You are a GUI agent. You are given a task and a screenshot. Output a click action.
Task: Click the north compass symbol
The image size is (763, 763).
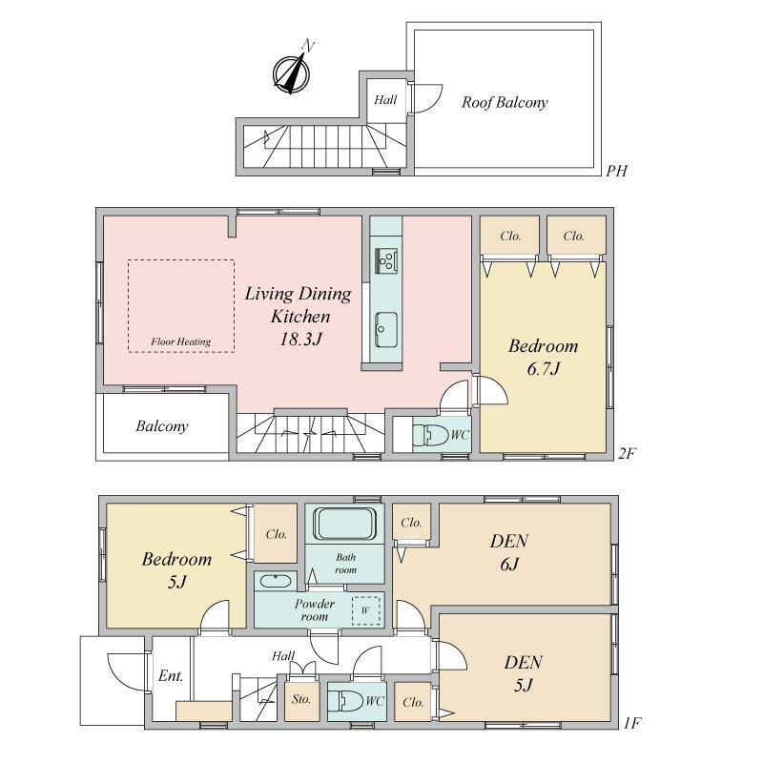point(292,72)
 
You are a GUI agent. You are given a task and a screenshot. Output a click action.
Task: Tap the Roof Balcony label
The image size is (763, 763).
point(505,102)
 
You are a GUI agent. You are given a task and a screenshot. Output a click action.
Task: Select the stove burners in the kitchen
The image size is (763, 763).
point(386,260)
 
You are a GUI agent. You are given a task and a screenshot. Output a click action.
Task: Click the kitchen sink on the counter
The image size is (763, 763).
point(386,329)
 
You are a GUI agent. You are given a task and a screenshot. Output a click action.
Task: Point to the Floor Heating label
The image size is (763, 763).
point(181,341)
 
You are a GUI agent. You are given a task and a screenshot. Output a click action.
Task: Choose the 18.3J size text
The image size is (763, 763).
point(301,339)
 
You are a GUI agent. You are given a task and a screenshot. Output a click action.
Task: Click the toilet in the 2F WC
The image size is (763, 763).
point(430,435)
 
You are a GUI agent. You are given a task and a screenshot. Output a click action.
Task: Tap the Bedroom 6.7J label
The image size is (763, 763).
point(543,357)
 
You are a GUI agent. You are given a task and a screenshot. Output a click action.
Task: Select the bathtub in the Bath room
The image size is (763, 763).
point(345,524)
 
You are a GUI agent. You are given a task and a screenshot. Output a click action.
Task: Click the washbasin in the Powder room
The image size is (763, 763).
point(276,581)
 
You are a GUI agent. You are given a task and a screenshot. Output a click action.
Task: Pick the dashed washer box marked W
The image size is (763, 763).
point(366,610)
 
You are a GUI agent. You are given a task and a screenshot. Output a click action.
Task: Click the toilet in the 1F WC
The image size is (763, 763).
point(345,701)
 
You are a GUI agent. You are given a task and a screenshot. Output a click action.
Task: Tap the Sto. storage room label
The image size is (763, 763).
point(301,699)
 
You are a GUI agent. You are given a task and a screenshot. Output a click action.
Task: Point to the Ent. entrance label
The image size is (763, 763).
point(171,676)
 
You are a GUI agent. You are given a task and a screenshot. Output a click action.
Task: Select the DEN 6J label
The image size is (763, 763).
point(509,552)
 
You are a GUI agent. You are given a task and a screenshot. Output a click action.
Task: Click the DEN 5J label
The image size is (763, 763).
point(523,673)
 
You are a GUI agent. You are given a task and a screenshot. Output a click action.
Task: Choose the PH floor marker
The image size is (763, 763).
point(616,171)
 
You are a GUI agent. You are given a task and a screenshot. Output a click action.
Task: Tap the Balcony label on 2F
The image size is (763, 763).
point(162,426)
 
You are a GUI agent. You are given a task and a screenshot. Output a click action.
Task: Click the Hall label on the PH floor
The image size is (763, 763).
point(385,100)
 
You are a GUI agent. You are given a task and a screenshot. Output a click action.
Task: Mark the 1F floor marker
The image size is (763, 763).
point(632,723)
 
